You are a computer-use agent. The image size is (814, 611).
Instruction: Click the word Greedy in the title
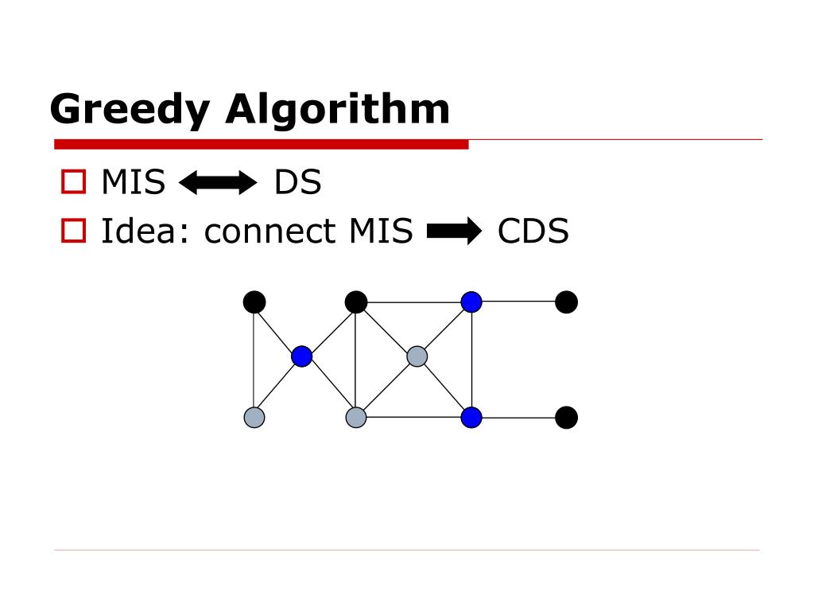[x=131, y=109]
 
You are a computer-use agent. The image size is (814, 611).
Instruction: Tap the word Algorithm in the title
[x=337, y=109]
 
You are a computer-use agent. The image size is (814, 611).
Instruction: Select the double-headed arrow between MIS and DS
[x=219, y=184]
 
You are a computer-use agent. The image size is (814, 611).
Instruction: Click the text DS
[x=297, y=183]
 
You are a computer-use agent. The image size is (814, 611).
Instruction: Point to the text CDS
[x=533, y=232]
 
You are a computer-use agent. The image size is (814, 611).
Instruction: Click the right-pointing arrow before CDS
[x=454, y=232]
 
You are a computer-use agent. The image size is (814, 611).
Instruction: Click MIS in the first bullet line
[x=133, y=183]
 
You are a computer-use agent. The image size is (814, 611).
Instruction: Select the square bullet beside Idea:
[x=73, y=231]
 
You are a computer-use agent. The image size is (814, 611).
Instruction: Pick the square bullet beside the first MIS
[x=73, y=182]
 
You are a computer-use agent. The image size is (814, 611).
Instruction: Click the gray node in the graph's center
[x=417, y=356]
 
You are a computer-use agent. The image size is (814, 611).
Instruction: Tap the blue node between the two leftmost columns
[x=301, y=356]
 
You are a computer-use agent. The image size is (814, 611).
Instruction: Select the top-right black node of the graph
[x=566, y=302]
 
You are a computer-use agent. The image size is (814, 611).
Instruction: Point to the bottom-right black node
[x=566, y=418]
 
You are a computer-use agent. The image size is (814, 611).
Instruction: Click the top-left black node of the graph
[x=254, y=302]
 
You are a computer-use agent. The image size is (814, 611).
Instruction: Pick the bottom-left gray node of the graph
[x=254, y=418]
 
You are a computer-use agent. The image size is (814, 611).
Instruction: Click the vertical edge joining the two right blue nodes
[x=471, y=360]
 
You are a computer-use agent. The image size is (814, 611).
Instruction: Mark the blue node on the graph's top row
[x=471, y=302]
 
